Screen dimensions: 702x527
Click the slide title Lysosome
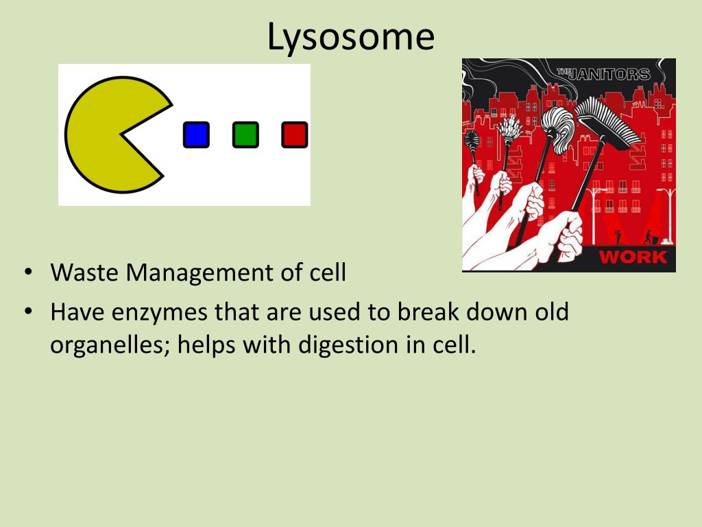tap(350, 38)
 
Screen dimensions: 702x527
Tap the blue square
tap(196, 134)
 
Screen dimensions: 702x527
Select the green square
tap(245, 134)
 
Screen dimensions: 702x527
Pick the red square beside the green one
tap(295, 134)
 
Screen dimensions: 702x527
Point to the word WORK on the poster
tap(633, 257)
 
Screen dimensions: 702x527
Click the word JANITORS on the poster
tap(609, 74)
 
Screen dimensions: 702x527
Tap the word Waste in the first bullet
tap(84, 272)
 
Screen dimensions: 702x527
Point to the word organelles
tap(110, 345)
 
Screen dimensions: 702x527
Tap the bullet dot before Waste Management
tap(29, 272)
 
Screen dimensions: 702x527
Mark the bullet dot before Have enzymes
tap(29, 311)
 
